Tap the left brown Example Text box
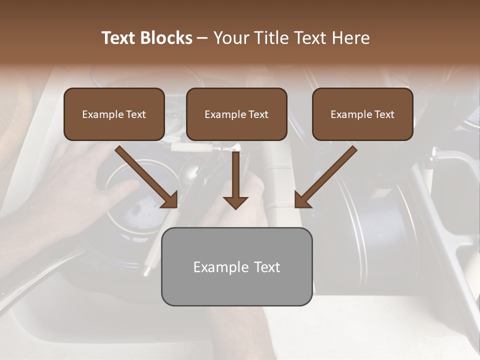[114, 114]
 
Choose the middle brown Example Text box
[236, 114]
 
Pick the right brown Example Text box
[362, 114]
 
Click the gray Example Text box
[236, 266]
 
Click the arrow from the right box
[327, 176]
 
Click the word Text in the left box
[136, 114]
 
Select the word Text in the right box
[384, 114]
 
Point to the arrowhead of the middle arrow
[235, 202]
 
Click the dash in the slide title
[202, 38]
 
